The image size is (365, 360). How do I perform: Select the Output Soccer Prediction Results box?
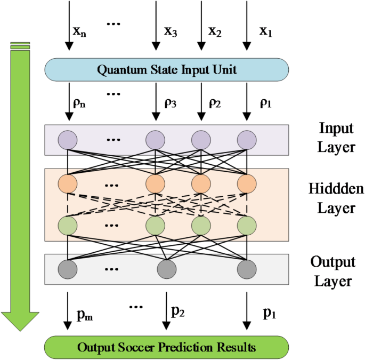tap(167, 348)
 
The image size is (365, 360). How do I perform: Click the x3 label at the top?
tap(171, 31)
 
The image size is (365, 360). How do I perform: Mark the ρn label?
tap(79, 103)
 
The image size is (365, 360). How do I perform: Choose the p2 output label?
tap(178, 312)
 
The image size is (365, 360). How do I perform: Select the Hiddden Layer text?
tap(336, 198)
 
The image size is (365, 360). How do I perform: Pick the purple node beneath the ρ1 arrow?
tap(247, 140)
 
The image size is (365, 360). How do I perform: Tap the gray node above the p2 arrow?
tap(166, 268)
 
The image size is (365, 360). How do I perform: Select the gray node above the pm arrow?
tap(68, 268)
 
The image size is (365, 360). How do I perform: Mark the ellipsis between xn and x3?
tap(116, 25)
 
